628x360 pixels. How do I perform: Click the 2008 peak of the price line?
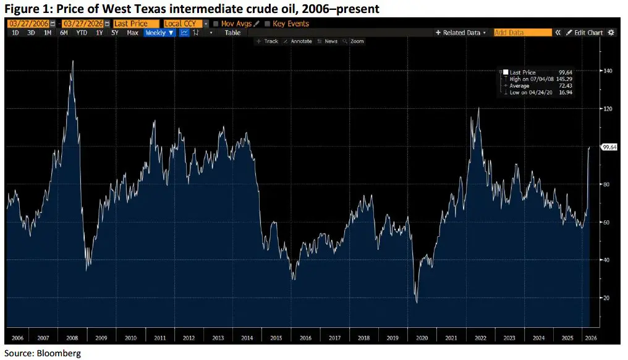pos(73,61)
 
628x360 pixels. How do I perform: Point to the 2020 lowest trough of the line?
pos(417,302)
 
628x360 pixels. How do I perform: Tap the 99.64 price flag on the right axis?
pos(609,147)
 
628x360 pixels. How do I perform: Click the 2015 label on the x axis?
pos(276,338)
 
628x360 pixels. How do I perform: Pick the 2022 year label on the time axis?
pos(480,338)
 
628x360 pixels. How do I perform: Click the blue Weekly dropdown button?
pos(159,33)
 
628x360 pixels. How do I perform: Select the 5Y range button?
pos(114,33)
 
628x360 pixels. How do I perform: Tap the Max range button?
pos(132,33)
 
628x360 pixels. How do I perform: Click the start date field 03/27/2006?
pos(28,24)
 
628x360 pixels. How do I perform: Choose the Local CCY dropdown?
pos(182,24)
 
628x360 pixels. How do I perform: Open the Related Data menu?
pos(461,33)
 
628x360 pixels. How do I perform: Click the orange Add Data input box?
pos(522,33)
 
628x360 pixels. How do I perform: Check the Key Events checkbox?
pos(267,24)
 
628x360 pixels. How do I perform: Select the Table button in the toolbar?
pos(232,33)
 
